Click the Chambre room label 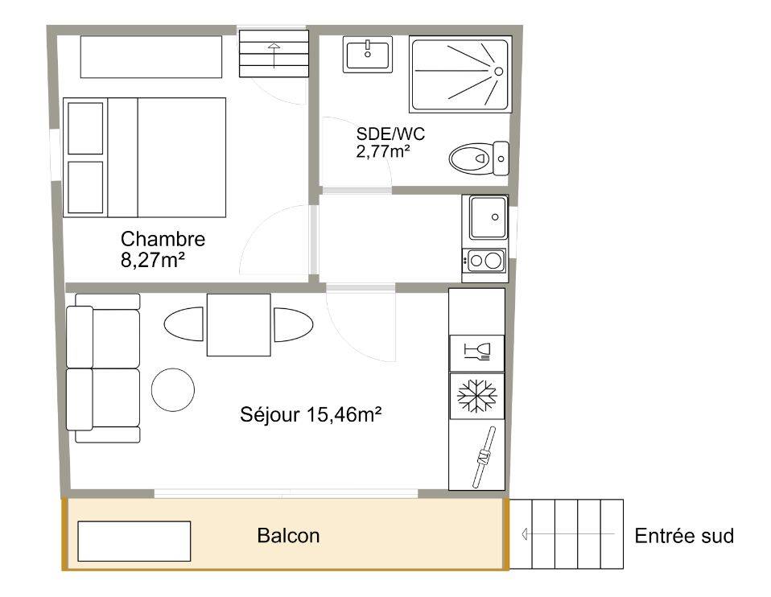point(163,239)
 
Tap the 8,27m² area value point(152,260)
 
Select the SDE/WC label point(390,134)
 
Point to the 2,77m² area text point(383,150)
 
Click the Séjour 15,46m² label point(311,414)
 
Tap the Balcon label point(288,536)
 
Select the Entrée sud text point(684,536)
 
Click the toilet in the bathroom point(479,159)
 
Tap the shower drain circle point(499,72)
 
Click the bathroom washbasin point(368,55)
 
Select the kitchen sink point(488,217)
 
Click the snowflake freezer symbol point(477,395)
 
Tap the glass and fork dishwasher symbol point(477,351)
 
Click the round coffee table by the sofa point(173,389)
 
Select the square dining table point(238,325)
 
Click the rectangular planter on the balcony point(134,541)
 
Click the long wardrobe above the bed point(151,56)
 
